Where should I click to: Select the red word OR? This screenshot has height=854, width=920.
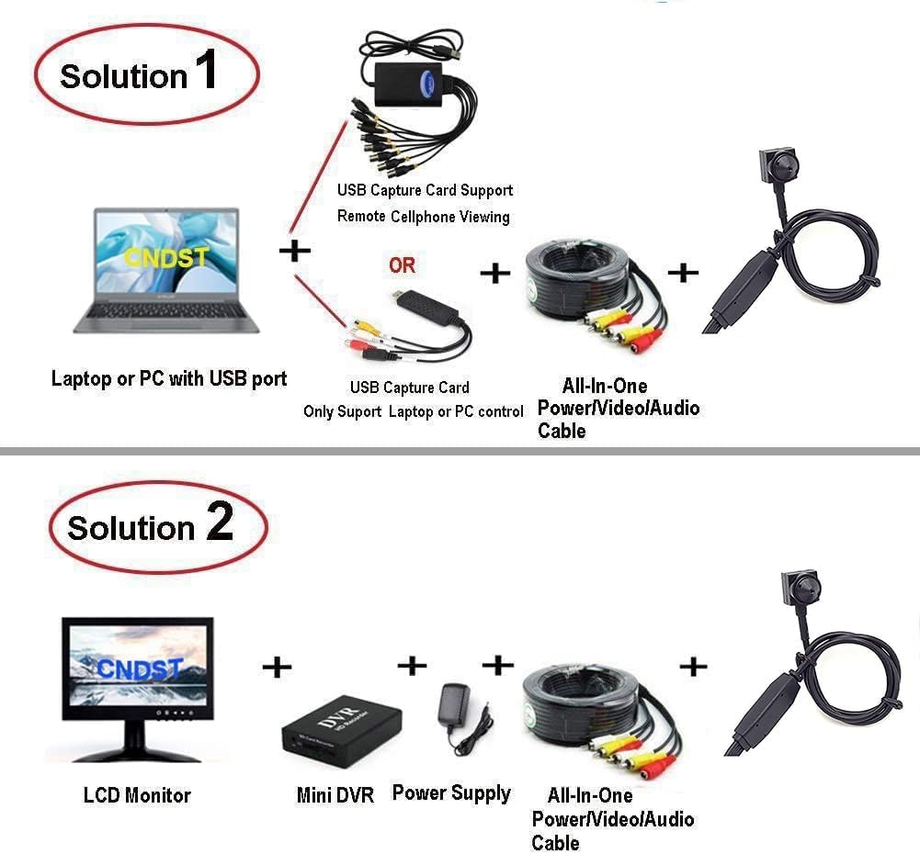(x=402, y=265)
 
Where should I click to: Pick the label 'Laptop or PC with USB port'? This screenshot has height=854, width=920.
(x=169, y=378)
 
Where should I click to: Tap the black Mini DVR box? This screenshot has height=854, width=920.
(x=341, y=725)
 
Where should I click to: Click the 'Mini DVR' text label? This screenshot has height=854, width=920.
(x=335, y=795)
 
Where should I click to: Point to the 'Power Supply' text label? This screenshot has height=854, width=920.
(x=451, y=792)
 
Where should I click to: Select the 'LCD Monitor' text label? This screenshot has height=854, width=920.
(x=137, y=795)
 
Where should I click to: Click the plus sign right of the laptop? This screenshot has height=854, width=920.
(x=294, y=250)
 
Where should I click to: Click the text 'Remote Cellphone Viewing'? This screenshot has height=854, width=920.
(x=423, y=217)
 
